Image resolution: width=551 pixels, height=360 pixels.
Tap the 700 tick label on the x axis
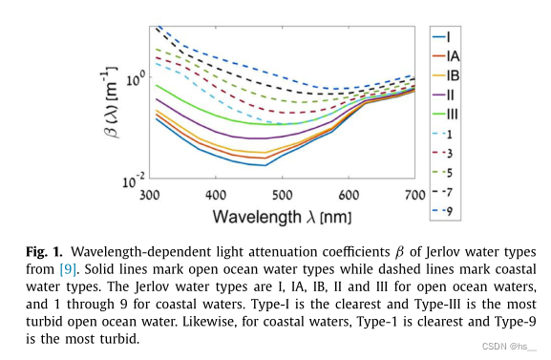click(413, 194)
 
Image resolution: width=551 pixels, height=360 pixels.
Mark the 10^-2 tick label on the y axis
click(133, 178)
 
